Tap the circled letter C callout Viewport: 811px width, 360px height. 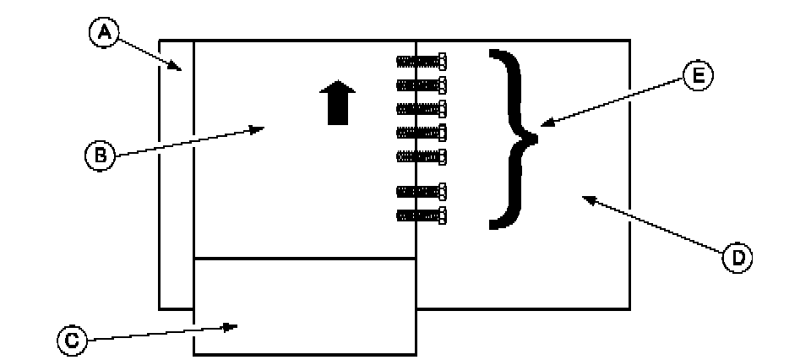click(73, 340)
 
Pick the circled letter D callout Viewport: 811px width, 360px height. click(738, 257)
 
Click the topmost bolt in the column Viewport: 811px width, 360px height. click(421, 61)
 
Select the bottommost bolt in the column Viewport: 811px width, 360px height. click(421, 215)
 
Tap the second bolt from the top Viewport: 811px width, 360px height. click(421, 85)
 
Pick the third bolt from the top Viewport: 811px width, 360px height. click(421, 108)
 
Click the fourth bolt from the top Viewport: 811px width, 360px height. click(421, 132)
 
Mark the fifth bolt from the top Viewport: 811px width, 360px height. click(421, 155)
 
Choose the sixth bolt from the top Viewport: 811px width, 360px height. click(421, 192)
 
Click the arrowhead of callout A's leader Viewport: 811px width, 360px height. click(177, 68)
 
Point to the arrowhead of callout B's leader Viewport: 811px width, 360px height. click(263, 128)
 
